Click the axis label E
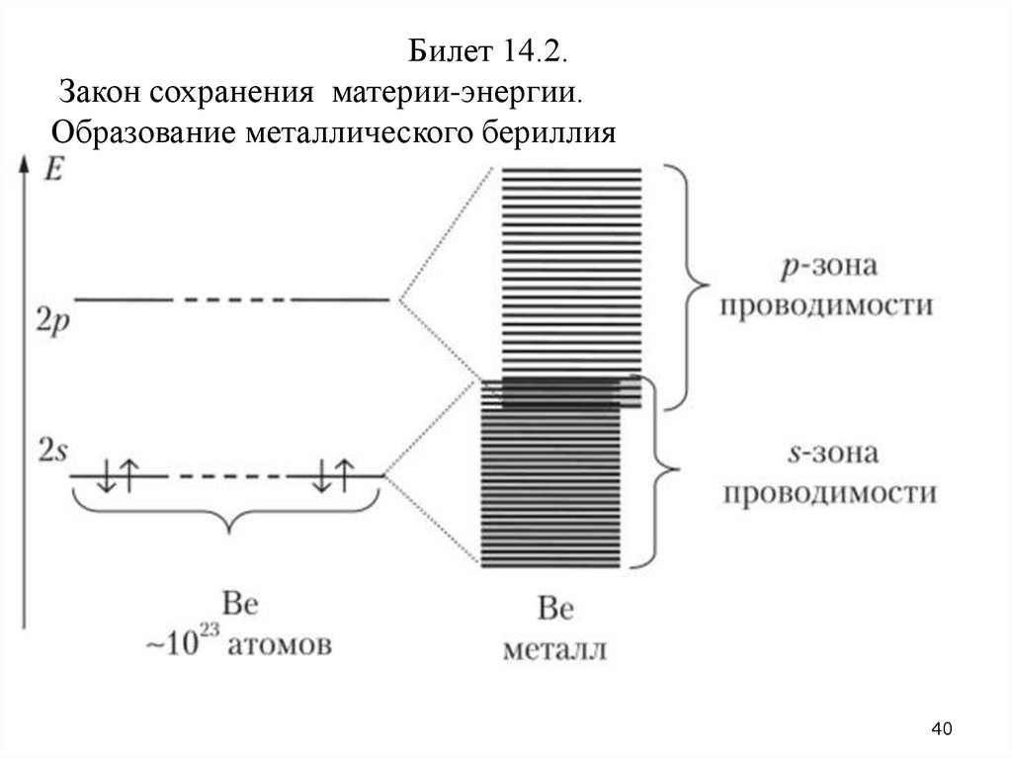pyautogui.click(x=53, y=169)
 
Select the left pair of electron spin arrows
pyautogui.click(x=119, y=475)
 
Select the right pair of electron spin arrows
pyautogui.click(x=333, y=475)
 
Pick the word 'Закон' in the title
pyautogui.click(x=100, y=92)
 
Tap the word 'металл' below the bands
pyautogui.click(x=554, y=650)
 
